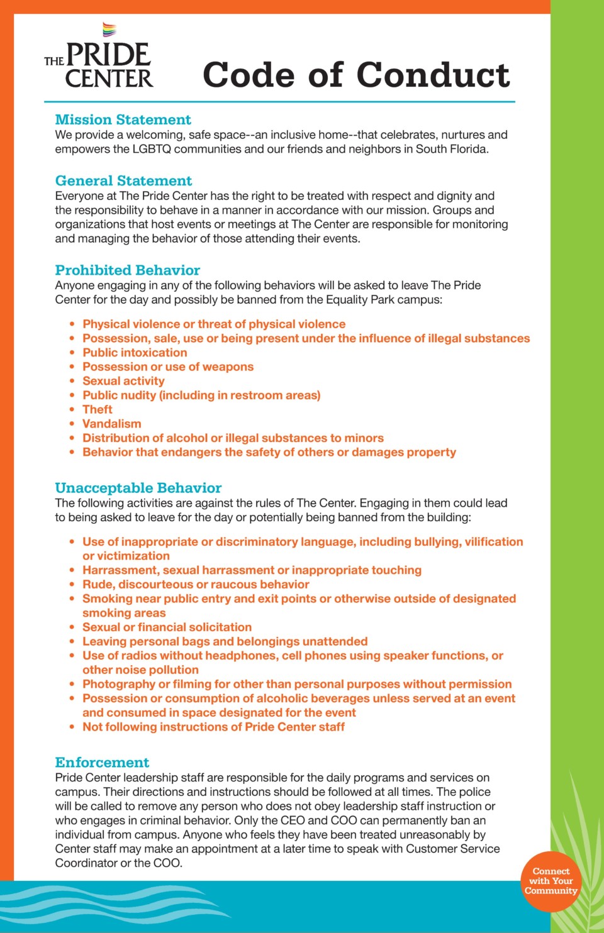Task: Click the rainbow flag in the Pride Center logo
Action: (109, 30)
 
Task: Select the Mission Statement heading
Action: (123, 119)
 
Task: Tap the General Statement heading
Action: (123, 180)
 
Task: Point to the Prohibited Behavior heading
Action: (127, 270)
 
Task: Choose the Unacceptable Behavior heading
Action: (138, 488)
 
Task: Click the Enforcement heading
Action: (102, 763)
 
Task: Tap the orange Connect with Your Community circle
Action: (551, 881)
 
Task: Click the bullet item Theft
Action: (98, 409)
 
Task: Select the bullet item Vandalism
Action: (112, 424)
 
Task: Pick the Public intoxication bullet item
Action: (135, 353)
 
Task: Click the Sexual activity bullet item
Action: (123, 381)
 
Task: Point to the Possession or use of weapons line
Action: (168, 367)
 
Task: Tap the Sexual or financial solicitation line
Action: (167, 627)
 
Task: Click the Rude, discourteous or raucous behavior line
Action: (196, 584)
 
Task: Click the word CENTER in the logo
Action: (109, 79)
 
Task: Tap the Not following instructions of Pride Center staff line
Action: (213, 727)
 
